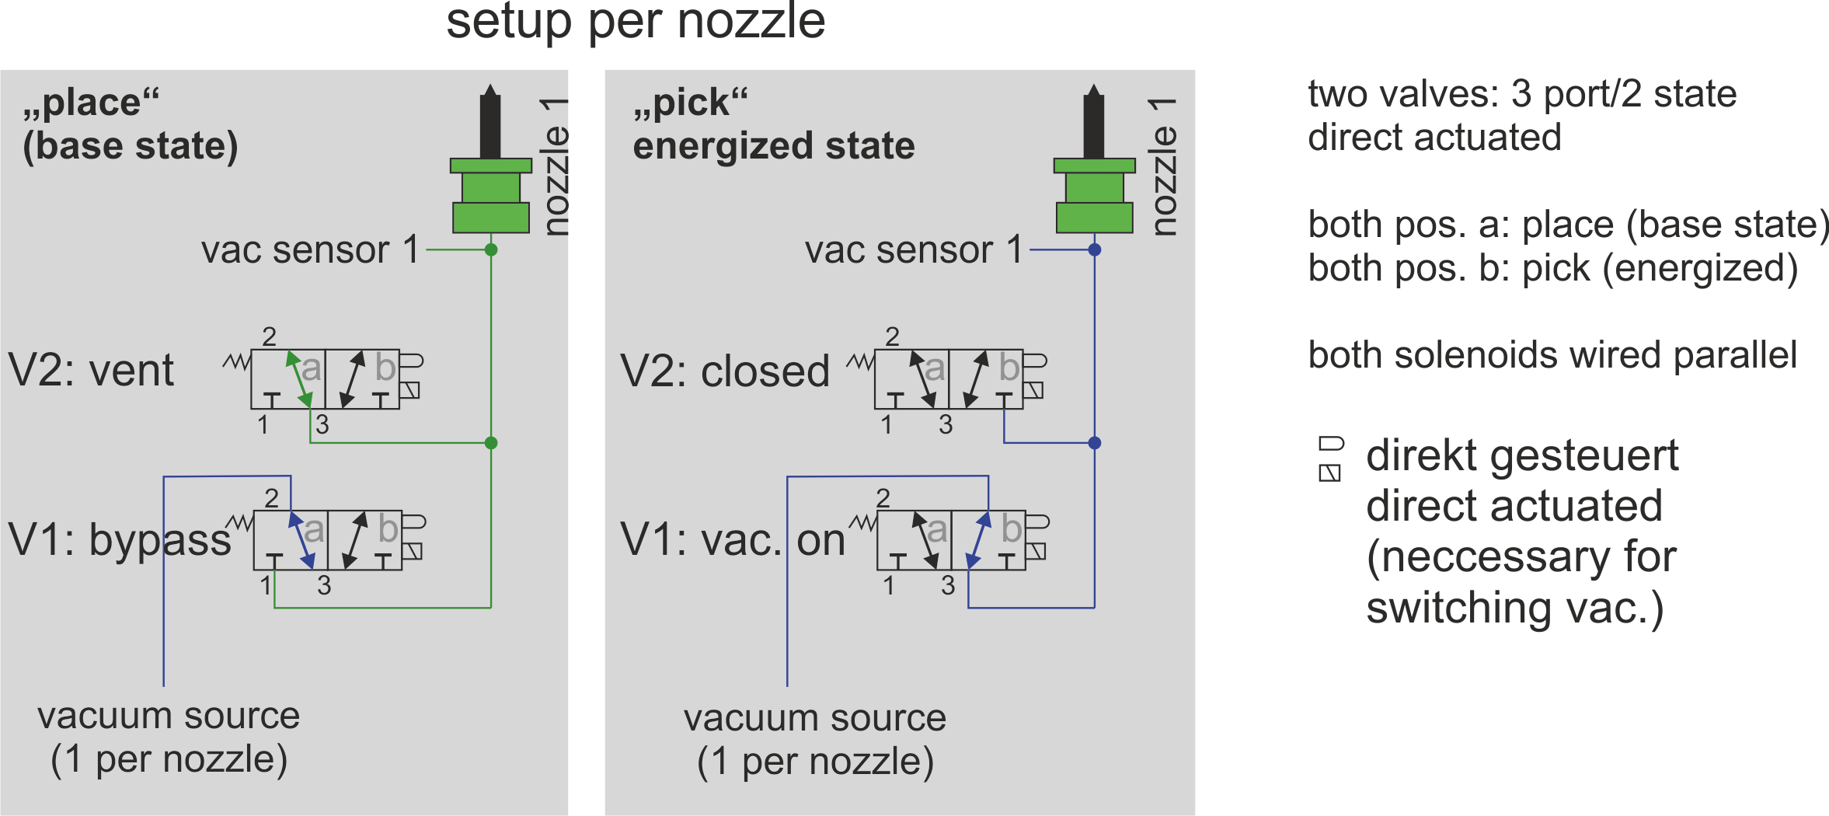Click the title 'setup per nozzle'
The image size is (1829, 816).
[636, 21]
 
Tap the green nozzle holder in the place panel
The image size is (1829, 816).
[491, 195]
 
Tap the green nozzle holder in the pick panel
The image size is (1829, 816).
[1094, 195]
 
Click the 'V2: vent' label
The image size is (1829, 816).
[91, 370]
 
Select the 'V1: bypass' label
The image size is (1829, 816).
[120, 539]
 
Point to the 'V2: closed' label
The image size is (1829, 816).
[725, 371]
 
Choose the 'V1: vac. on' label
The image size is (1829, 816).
[733, 539]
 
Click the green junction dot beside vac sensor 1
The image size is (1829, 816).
[491, 249]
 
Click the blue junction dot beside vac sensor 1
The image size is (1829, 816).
[1095, 249]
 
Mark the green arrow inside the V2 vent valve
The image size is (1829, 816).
[299, 379]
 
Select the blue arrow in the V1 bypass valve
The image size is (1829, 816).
[301, 540]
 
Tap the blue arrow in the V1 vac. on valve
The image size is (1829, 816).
[978, 540]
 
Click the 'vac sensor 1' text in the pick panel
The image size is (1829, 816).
[914, 250]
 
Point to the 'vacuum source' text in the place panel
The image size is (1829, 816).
[169, 716]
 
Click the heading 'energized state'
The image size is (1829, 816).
[774, 146]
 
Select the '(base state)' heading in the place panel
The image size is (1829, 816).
[131, 146]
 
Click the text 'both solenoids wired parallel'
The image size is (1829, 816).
[1552, 355]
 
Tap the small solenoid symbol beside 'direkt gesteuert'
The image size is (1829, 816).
[1330, 459]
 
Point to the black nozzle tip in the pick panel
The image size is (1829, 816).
[1094, 121]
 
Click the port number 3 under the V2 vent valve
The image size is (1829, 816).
[322, 424]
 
